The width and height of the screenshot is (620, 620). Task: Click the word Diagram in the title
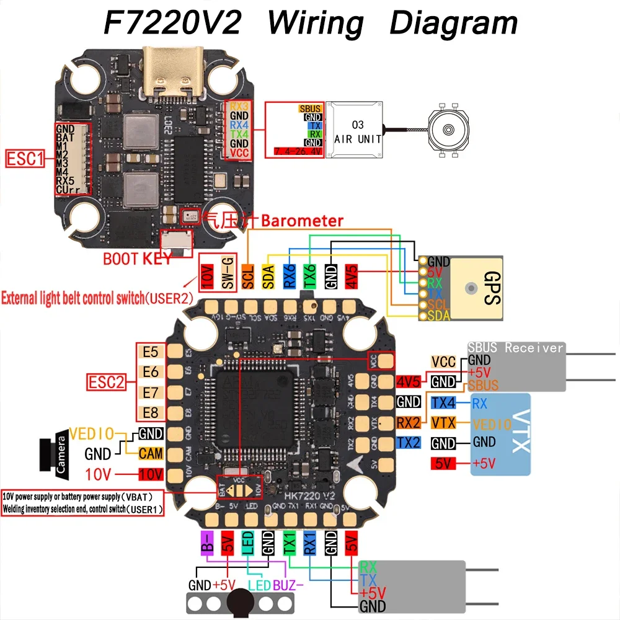click(x=453, y=24)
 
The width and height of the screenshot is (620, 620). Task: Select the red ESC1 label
click(x=25, y=160)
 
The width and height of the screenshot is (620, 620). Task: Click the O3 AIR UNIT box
click(x=353, y=131)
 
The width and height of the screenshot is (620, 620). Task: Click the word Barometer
click(x=302, y=221)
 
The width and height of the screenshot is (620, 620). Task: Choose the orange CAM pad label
click(x=151, y=454)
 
